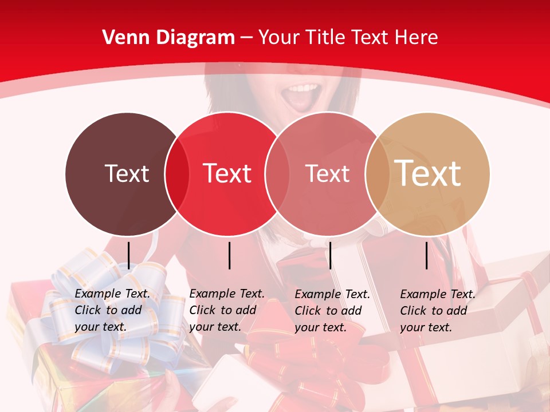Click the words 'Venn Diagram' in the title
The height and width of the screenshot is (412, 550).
pyautogui.click(x=168, y=38)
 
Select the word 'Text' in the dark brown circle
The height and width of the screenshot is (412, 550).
pyautogui.click(x=127, y=173)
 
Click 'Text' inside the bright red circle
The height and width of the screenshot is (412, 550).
pyautogui.click(x=227, y=173)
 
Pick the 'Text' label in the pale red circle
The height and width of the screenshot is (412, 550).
pyautogui.click(x=327, y=173)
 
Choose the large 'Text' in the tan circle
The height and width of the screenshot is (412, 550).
pyautogui.click(x=428, y=173)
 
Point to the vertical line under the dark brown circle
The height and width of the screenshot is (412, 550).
pyautogui.click(x=129, y=255)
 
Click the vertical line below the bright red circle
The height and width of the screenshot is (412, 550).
pyautogui.click(x=229, y=255)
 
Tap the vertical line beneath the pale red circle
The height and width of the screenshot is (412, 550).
pyautogui.click(x=331, y=255)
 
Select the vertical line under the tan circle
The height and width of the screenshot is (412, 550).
pyautogui.click(x=427, y=255)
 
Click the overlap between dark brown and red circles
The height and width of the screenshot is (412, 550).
pyautogui.click(x=177, y=173)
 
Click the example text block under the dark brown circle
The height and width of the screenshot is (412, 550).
pyautogui.click(x=112, y=310)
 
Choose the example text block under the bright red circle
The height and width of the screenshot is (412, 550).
pyautogui.click(x=226, y=310)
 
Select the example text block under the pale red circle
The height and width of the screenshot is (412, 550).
pyautogui.click(x=332, y=311)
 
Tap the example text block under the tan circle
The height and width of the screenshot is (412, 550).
pyautogui.click(x=437, y=311)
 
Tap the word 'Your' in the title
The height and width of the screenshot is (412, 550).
pyautogui.click(x=279, y=38)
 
